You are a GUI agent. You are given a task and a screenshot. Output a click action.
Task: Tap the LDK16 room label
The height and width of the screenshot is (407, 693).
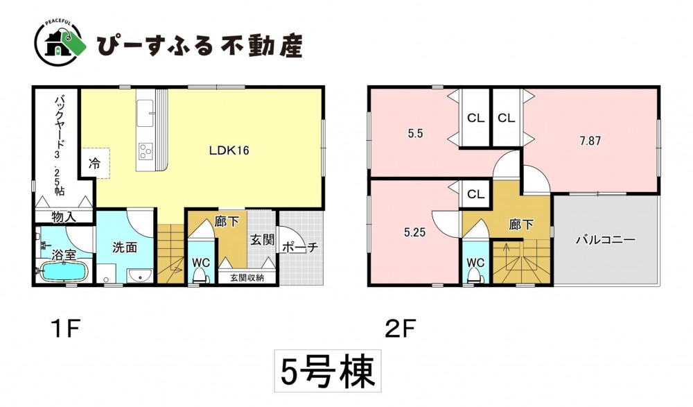point(229,150)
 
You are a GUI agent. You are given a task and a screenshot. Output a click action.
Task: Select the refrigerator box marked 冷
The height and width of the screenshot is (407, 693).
point(94,163)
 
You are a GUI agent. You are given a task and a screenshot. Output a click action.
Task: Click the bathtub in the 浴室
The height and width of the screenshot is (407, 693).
point(64,271)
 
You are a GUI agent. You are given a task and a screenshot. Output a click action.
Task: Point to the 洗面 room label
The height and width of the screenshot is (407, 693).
point(125,248)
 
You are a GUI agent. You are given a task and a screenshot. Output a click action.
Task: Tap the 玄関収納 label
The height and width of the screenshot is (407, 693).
point(247,278)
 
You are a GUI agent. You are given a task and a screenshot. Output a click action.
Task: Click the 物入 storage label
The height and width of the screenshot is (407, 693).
point(64,217)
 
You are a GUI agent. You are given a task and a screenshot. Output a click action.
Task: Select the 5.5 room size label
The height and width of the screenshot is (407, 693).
point(415,133)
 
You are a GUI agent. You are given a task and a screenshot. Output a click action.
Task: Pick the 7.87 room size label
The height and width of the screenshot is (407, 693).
point(590,141)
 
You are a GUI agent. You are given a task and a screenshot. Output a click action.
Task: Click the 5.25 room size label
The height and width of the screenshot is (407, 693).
point(414,232)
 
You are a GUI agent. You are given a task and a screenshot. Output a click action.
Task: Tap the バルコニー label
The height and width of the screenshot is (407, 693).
point(606,240)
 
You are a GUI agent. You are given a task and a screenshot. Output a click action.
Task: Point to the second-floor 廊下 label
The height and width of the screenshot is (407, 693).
point(522,225)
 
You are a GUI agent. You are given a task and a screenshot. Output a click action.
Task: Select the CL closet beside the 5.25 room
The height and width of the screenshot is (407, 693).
point(475,194)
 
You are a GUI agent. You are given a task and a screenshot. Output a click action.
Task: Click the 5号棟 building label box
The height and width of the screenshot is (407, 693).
point(328,371)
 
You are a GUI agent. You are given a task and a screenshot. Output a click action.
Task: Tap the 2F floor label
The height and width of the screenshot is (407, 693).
point(400,329)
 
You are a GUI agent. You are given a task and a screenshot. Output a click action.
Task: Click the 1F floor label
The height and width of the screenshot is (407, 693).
point(65,329)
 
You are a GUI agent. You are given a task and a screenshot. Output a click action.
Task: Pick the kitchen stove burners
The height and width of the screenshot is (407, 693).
point(146,151)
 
